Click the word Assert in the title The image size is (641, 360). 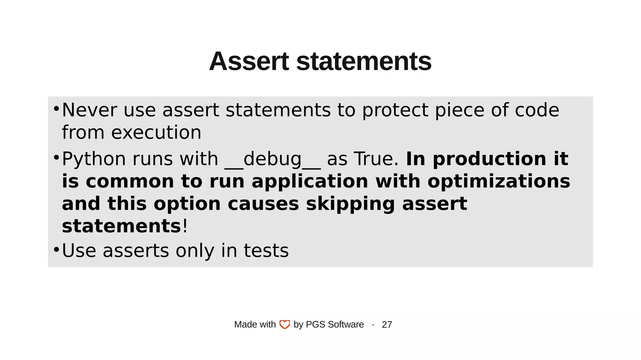[x=249, y=61]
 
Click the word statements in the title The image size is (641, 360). [x=364, y=61]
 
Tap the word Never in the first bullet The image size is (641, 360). [x=89, y=110]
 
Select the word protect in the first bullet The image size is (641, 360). [x=395, y=110]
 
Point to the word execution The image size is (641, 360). [x=156, y=132]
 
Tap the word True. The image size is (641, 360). [x=376, y=159]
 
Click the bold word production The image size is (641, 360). [x=490, y=159]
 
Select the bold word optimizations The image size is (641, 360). [x=499, y=182]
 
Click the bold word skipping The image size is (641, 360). [x=350, y=204]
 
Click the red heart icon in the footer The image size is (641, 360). [x=285, y=325]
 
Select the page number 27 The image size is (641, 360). [x=387, y=325]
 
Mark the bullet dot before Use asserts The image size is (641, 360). [x=56, y=249]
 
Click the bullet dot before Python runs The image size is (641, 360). [x=56, y=157]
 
